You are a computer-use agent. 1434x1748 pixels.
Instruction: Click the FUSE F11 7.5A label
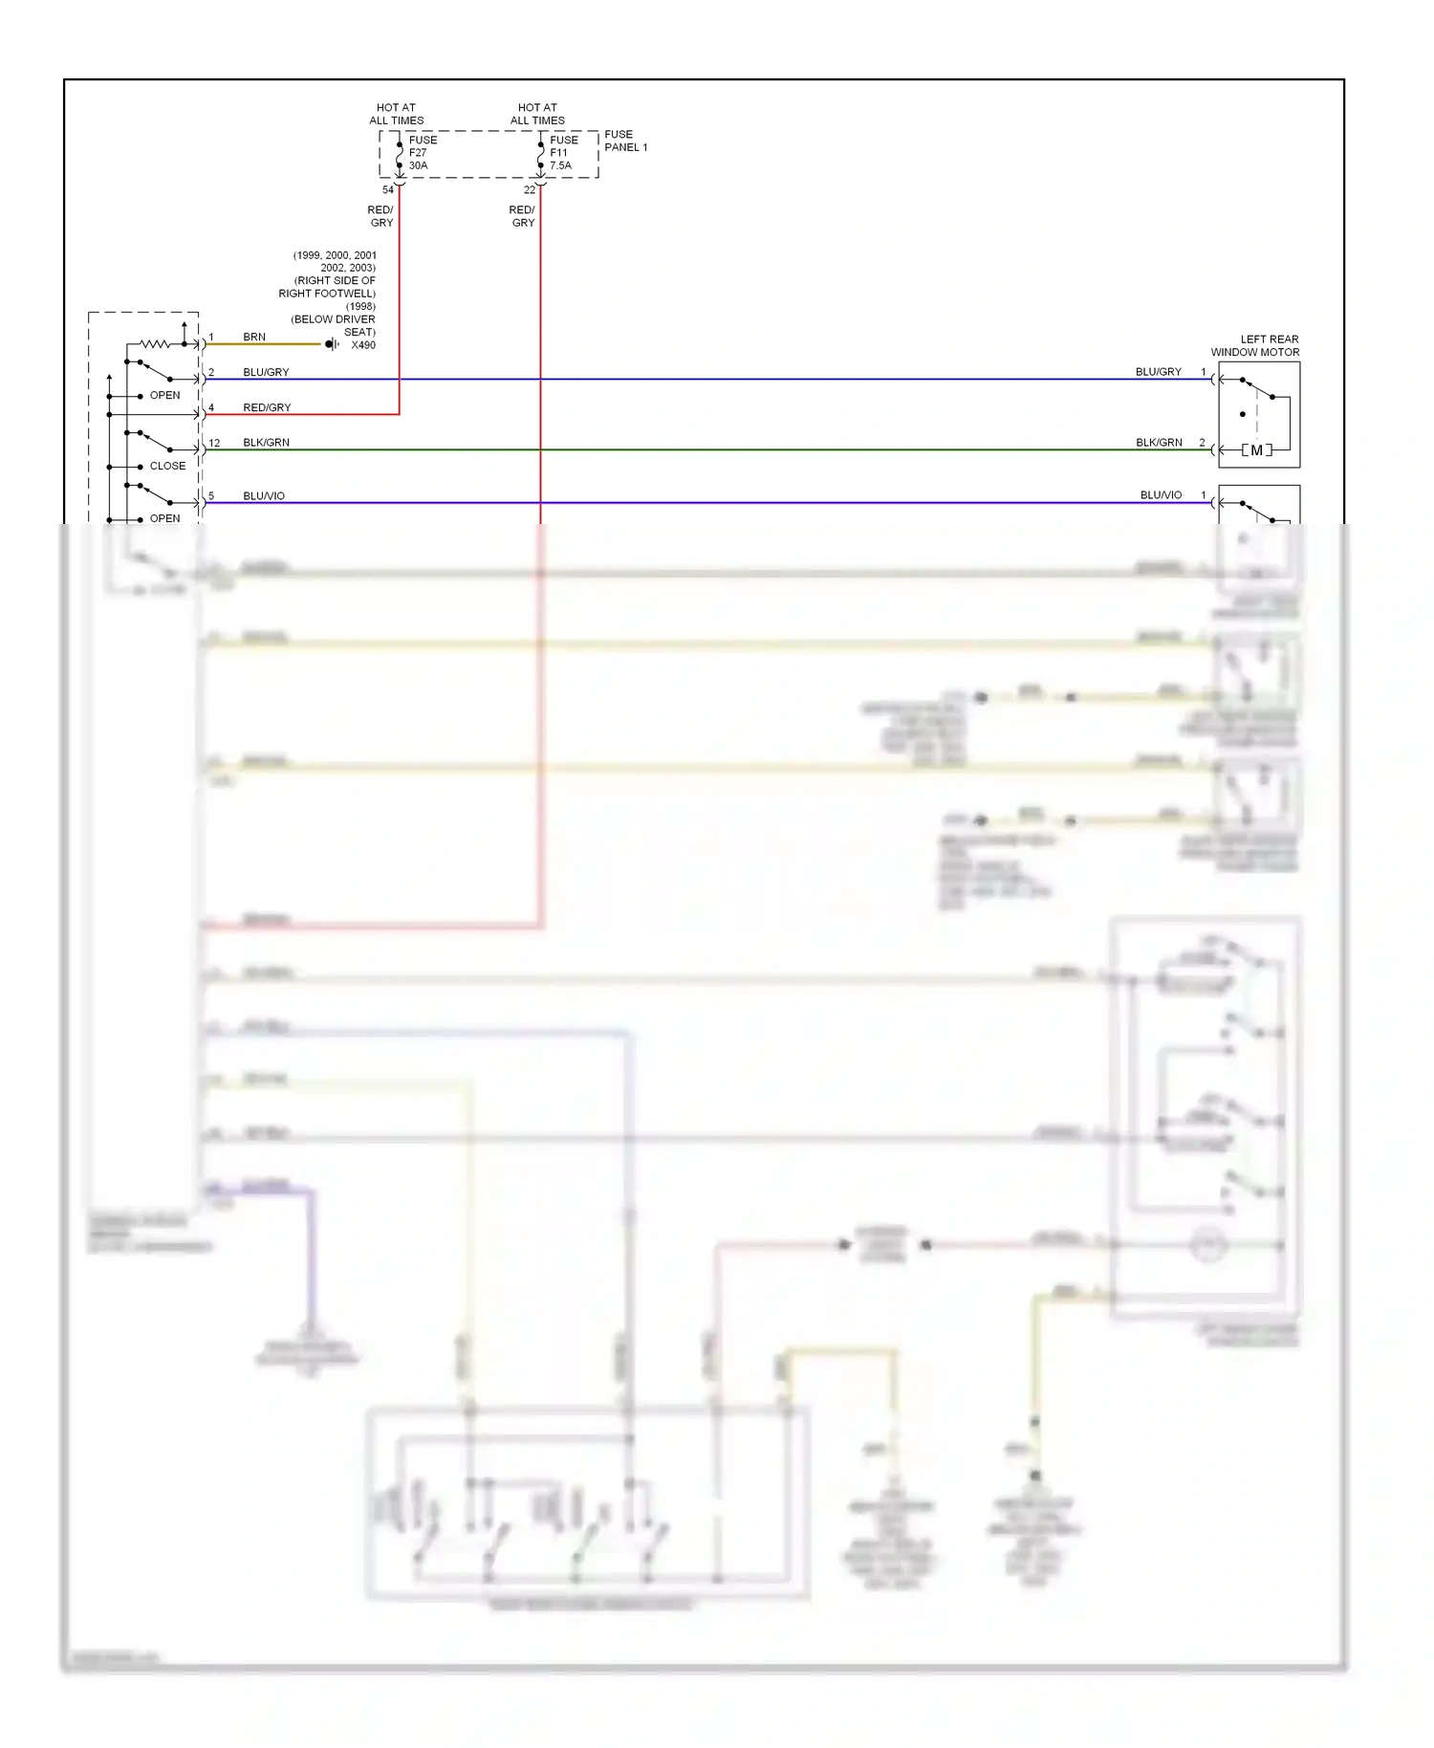pos(562,153)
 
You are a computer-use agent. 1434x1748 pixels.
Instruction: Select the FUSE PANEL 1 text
pos(625,141)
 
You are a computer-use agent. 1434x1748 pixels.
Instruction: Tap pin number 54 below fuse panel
pos(388,190)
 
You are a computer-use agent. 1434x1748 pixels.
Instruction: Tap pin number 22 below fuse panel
pos(530,190)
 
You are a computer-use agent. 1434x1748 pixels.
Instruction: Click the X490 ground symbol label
pos(362,345)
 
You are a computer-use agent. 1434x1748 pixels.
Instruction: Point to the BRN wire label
pos(254,337)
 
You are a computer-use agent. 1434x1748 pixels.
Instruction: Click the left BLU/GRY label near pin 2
pos(266,372)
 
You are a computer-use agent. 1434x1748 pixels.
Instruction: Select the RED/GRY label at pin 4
pos(267,407)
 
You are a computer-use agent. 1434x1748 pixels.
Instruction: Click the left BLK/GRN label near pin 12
pos(266,443)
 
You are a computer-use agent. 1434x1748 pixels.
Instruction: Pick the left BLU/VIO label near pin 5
pos(264,496)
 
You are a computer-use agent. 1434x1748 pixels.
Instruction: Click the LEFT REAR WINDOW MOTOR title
pos(1255,346)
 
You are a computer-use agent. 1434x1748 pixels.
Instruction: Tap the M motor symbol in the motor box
pos(1256,450)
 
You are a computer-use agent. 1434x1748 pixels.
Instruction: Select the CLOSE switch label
pos(167,466)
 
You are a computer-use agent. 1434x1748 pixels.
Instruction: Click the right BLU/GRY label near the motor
pos(1159,372)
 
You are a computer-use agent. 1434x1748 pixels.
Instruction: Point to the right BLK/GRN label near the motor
pos(1159,443)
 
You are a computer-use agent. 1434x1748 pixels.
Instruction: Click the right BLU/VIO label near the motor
pos(1161,495)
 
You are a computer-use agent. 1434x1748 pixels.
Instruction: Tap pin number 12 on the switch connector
pos(214,443)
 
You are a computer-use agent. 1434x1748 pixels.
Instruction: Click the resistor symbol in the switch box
pos(154,343)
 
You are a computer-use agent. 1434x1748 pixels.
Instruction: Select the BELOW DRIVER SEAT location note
pos(334,325)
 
